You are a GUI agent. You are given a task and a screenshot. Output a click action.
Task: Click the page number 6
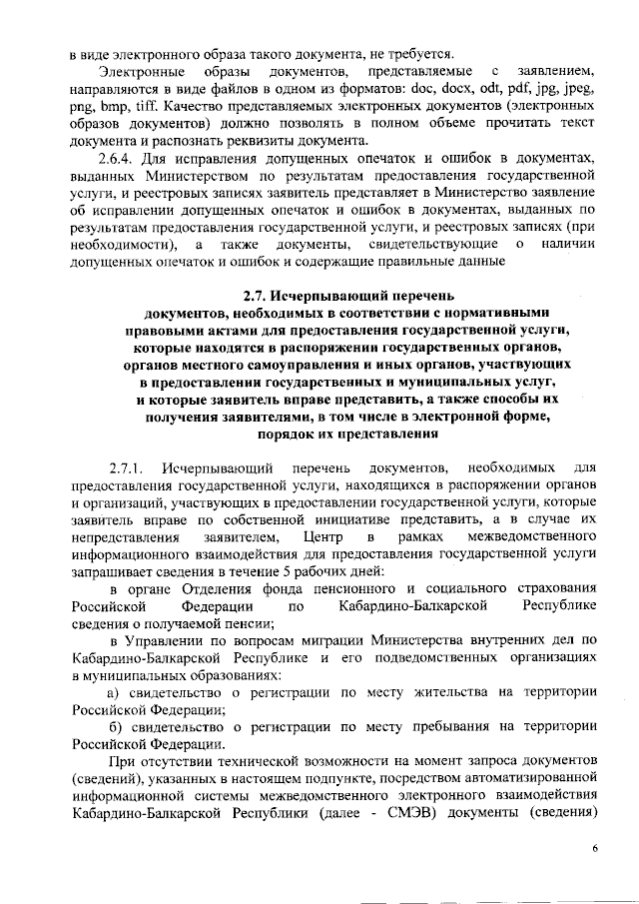click(x=595, y=848)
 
